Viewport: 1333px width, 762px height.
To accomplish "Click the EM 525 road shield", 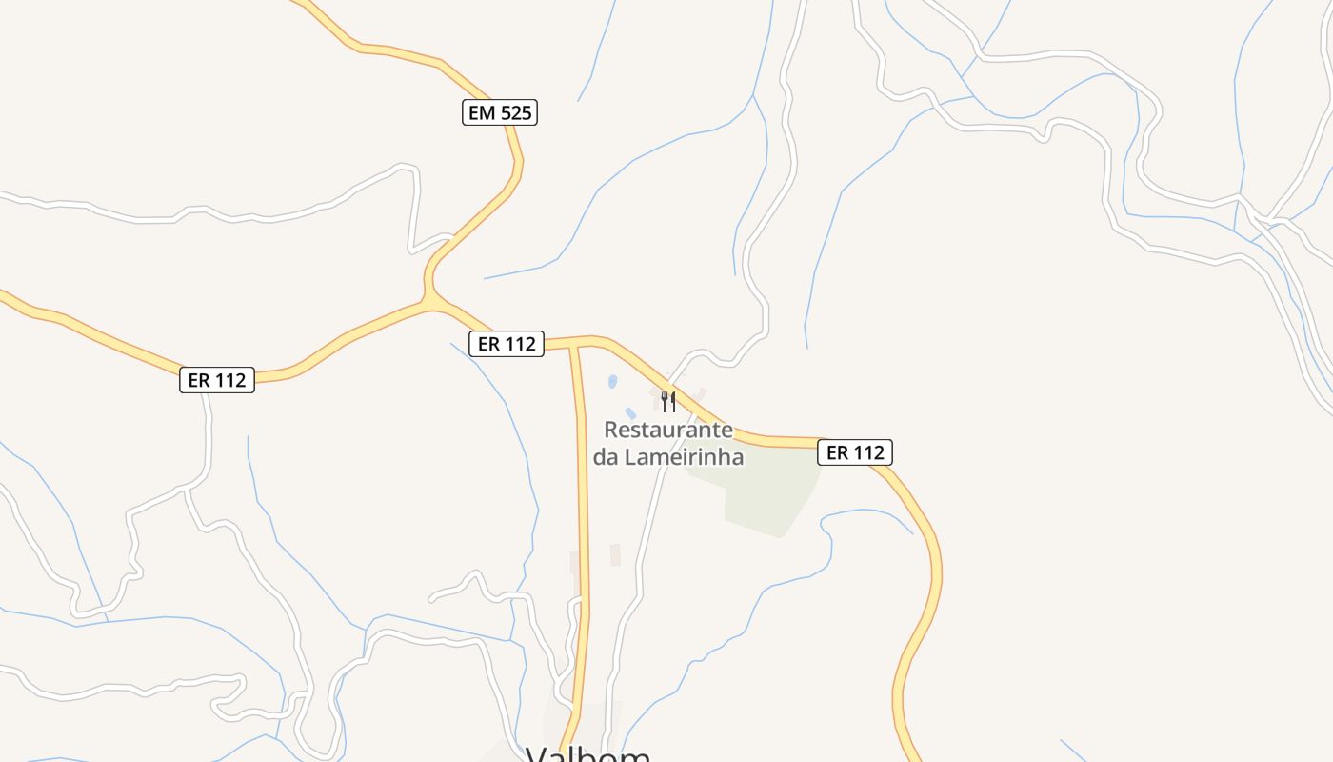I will [500, 113].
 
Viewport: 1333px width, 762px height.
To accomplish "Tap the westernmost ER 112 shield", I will [217, 380].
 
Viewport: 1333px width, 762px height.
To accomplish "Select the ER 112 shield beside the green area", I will [855, 452].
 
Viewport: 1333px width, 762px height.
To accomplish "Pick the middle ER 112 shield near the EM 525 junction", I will [507, 344].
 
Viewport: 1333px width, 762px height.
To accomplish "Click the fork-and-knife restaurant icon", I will [668, 401].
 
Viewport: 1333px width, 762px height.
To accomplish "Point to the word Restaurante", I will [668, 430].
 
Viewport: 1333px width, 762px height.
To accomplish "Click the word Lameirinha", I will [684, 457].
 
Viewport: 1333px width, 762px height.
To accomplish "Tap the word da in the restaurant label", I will [607, 457].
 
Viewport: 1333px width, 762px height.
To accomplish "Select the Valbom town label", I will [588, 754].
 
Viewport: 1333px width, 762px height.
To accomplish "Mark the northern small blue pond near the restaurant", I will [612, 381].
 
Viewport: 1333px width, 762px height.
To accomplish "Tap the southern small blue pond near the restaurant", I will [630, 413].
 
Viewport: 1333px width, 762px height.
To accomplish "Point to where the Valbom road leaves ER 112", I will [574, 345].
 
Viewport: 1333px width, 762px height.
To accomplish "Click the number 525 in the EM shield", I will [514, 113].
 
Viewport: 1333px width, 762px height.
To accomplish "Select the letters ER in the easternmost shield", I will [838, 452].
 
